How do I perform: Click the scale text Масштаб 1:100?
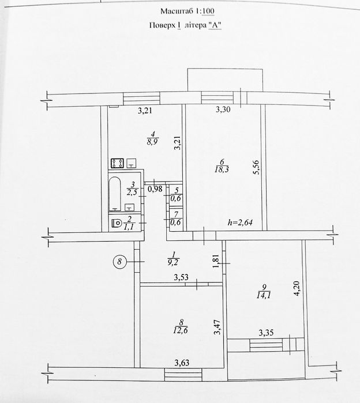187,12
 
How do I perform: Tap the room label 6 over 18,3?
222,166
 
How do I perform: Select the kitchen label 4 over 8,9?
152,138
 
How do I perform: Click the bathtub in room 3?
115,194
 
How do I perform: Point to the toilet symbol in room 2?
117,223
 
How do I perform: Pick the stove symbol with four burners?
117,163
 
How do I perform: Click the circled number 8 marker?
119,262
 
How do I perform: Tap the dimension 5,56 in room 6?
256,167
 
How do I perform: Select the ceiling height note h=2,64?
240,223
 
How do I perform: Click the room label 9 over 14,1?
264,292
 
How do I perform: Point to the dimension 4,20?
297,288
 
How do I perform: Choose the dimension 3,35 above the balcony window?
266,333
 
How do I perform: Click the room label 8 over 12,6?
181,326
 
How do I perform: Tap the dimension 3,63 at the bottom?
182,363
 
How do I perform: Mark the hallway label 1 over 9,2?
173,258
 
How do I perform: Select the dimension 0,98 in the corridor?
155,189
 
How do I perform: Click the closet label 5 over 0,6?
176,194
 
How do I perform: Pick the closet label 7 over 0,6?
176,219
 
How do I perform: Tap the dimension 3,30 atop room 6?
223,110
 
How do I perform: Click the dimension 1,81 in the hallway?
216,261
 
